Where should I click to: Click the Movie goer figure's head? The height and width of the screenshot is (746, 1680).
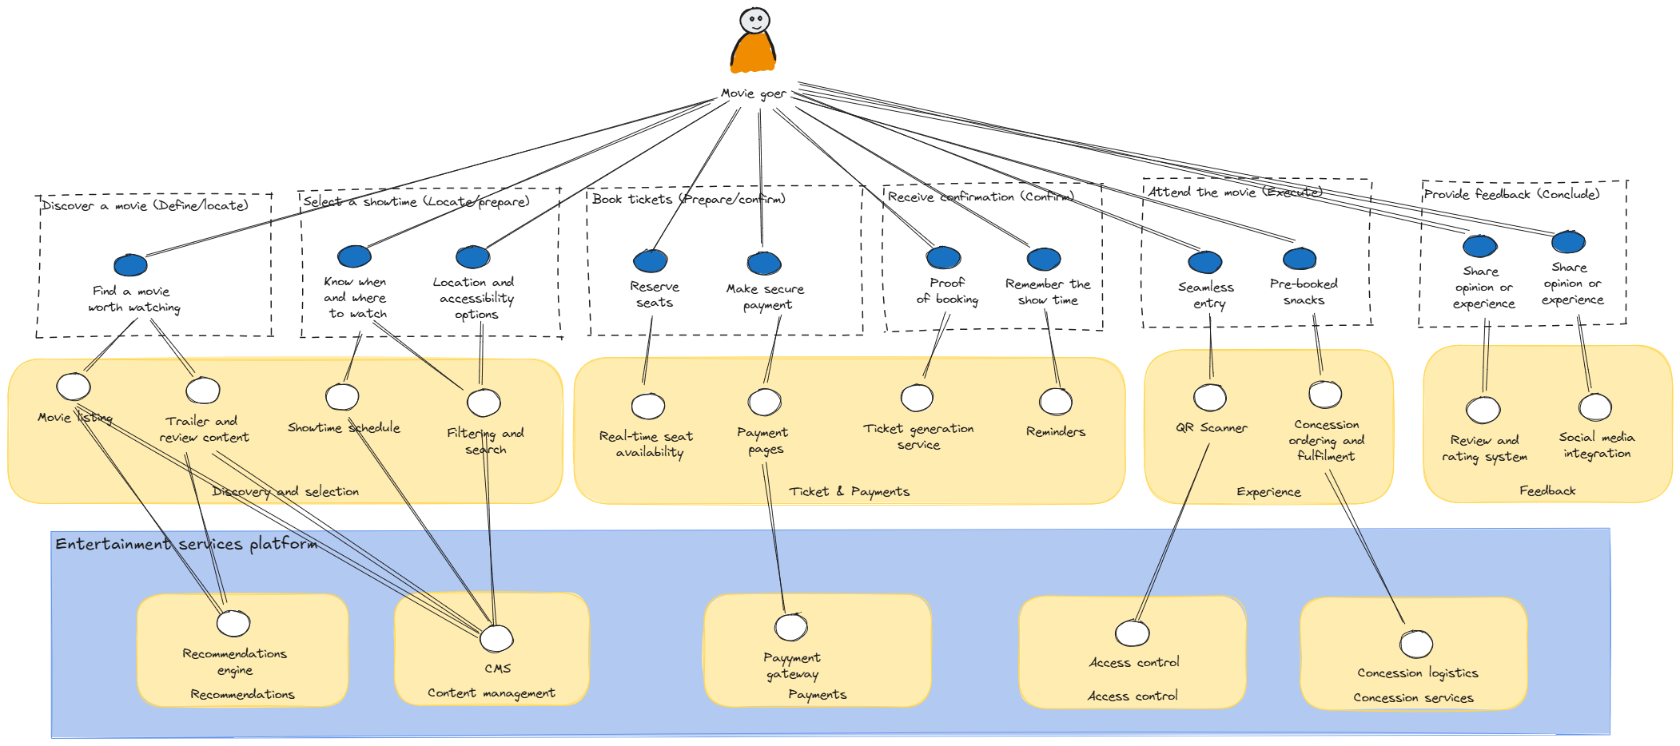(x=754, y=20)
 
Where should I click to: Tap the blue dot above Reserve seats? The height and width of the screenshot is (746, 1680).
(x=651, y=260)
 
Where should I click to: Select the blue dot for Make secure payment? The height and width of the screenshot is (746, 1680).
(x=764, y=263)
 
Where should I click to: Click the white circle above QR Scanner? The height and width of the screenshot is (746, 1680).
(x=1210, y=397)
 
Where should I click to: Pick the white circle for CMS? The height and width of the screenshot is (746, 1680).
(x=496, y=638)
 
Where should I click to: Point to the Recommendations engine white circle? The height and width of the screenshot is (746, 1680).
(x=233, y=623)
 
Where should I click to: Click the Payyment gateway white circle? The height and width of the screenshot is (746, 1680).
(x=791, y=627)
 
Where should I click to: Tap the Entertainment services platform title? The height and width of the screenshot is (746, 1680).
(x=186, y=544)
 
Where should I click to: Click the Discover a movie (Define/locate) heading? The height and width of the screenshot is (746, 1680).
(x=145, y=205)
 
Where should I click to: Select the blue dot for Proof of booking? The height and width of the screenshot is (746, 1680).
(x=944, y=257)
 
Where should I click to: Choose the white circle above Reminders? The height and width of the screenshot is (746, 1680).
(x=1056, y=402)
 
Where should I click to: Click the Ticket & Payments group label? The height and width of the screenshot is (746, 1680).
(x=849, y=491)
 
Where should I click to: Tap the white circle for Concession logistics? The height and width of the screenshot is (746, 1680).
(x=1416, y=644)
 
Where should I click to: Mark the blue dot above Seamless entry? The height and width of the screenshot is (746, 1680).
(x=1205, y=262)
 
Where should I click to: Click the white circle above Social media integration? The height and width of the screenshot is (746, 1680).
(x=1595, y=407)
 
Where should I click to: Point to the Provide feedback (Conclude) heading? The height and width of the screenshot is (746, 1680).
(x=1511, y=194)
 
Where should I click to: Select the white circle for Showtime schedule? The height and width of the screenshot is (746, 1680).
(x=342, y=397)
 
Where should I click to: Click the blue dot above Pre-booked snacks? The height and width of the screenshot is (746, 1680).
(x=1300, y=259)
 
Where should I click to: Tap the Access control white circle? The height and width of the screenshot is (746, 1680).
(x=1133, y=633)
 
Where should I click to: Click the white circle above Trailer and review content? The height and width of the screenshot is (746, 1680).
(x=203, y=391)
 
